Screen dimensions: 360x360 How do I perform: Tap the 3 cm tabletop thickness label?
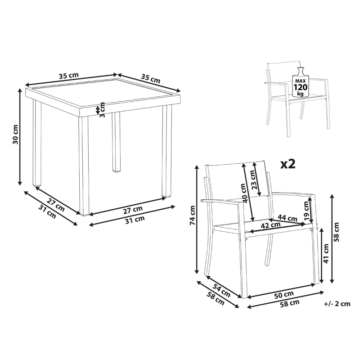point(102,110)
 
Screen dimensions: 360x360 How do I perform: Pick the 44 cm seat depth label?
point(287,217)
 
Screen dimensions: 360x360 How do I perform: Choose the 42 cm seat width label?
point(271,225)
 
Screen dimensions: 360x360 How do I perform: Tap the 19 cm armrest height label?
point(307,211)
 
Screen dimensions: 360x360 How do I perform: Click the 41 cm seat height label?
point(326,253)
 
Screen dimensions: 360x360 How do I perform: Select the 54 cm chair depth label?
point(221,290)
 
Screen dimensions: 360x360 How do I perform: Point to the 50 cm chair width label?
point(284,295)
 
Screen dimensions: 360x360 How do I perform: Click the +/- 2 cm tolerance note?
point(337,304)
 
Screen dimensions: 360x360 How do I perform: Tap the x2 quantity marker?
point(288,164)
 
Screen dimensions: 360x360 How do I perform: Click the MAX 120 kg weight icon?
point(300,82)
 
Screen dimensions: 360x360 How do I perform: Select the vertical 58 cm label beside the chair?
point(336,232)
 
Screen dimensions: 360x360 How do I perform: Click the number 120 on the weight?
point(300,87)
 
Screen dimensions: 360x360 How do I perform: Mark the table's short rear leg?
point(117,142)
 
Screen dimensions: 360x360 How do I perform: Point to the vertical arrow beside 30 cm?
point(20,137)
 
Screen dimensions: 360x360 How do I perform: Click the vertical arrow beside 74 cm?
point(197,220)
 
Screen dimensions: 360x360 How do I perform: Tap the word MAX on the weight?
point(300,81)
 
